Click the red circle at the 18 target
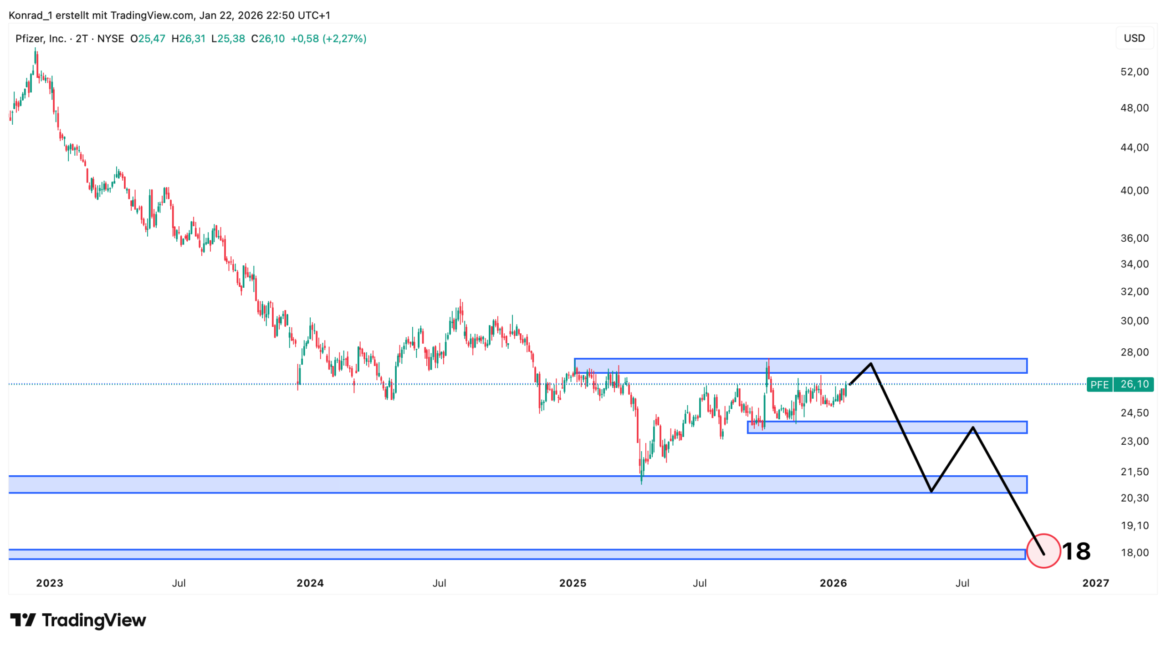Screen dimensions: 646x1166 [1043, 550]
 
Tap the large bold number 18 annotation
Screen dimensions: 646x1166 [1076, 551]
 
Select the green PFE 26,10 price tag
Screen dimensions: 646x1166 [1119, 384]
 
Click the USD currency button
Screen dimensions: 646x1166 [1134, 38]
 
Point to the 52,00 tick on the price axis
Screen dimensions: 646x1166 [1134, 72]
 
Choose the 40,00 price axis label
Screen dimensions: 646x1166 [1134, 190]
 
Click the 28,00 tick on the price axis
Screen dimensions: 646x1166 [1134, 352]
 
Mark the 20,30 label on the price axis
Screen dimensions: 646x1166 [1134, 498]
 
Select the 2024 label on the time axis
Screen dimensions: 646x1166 [310, 583]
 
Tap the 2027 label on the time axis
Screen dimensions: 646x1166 [1095, 583]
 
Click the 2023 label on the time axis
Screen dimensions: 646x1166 [50, 583]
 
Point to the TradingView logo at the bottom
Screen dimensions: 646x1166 [78, 620]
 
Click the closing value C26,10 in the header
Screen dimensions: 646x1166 [268, 39]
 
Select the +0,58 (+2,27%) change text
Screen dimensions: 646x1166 [328, 39]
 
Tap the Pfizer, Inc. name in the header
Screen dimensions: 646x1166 [41, 39]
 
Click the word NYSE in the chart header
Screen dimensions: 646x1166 [111, 39]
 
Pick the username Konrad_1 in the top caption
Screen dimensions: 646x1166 [31, 15]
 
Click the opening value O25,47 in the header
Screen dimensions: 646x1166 [148, 39]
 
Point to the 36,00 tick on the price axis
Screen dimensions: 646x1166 [1134, 238]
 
